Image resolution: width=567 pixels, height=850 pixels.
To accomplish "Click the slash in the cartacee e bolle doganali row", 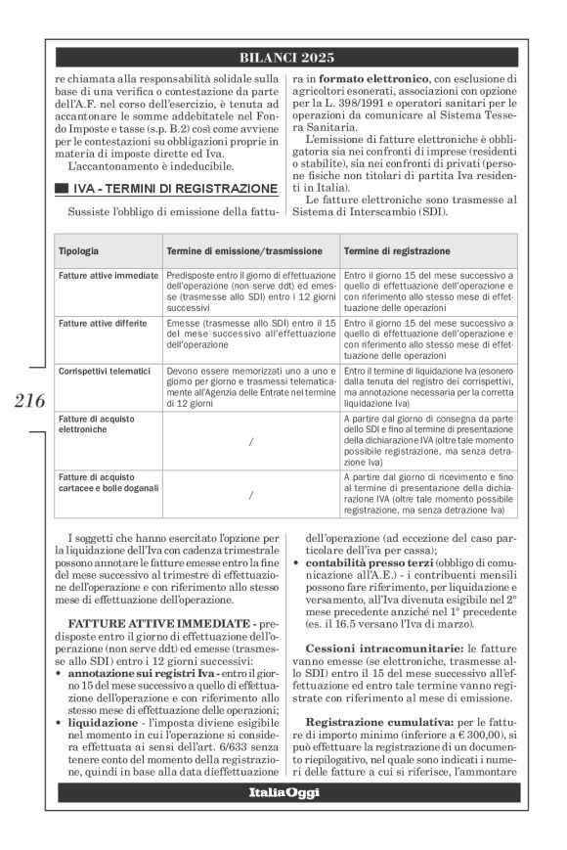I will click(x=251, y=495).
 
